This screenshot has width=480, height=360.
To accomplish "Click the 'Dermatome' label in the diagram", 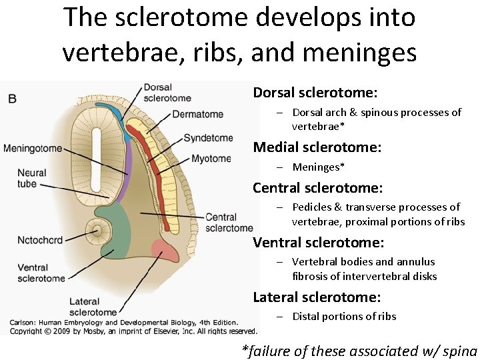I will tap(197, 114).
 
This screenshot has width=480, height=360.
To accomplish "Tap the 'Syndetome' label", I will tap(208, 138).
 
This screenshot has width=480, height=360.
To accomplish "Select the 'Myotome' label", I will tap(211, 159).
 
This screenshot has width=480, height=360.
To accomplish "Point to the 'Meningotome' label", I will tap(33, 148).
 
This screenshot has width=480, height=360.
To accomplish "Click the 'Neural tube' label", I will tap(32, 178).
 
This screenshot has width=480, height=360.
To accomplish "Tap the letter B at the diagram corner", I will tap(12, 99).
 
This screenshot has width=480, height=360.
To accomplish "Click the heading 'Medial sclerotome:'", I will tap(317, 147).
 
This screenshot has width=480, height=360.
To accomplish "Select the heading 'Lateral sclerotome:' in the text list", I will tap(317, 297).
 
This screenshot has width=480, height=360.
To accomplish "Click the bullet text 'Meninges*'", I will tap(319, 167).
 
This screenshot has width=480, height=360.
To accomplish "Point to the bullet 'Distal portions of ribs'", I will tap(344, 317).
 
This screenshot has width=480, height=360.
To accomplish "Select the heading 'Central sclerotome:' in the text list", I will tap(317, 188).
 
